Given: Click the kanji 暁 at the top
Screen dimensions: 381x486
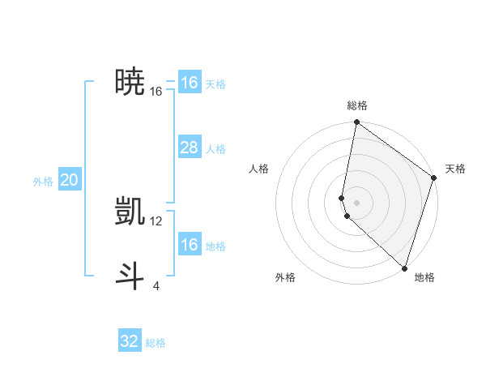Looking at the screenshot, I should tap(130, 81).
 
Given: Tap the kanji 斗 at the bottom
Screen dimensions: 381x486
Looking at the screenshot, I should tap(130, 276).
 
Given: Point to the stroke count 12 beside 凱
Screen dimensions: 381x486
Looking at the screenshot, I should tap(156, 220).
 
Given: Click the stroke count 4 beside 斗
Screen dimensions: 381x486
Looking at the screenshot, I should tap(156, 285).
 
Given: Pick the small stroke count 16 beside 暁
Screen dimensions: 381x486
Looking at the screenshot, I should tap(156, 92).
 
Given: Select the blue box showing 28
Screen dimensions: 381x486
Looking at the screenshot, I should tap(189, 148).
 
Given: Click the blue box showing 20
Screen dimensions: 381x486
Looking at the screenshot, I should tap(69, 181).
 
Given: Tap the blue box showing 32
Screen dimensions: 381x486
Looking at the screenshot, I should tap(130, 341).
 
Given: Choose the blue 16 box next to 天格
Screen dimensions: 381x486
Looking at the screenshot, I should tap(189, 83).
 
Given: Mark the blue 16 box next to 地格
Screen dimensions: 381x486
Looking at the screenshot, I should tap(189, 245).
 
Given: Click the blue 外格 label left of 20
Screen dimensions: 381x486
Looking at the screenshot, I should tap(43, 182).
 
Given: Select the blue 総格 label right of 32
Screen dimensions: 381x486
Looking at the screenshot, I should tap(156, 343).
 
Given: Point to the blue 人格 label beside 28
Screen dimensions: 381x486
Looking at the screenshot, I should tap(215, 149).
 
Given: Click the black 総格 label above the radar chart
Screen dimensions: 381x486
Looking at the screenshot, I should tap(357, 105).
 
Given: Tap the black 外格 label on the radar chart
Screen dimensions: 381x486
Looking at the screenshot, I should tap(285, 277).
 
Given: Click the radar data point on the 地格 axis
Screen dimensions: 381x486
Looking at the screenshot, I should tap(404, 268).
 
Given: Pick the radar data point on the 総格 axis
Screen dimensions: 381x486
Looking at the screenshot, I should tap(356, 122).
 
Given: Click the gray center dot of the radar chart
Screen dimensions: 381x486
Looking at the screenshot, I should tap(356, 202).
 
